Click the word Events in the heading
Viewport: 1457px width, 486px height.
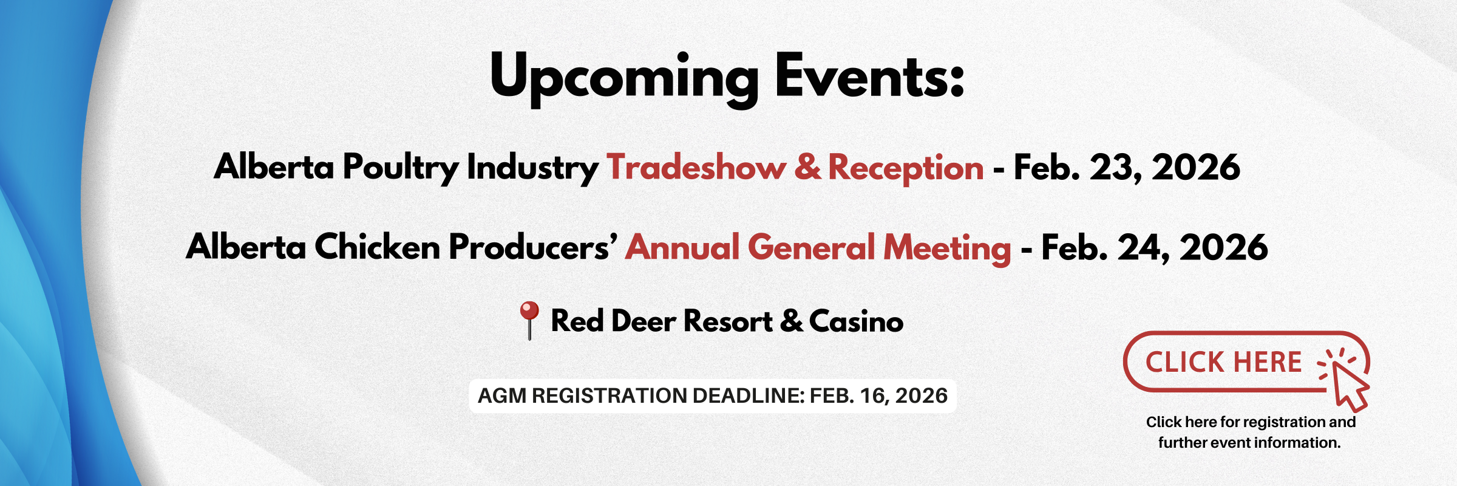(x=870, y=75)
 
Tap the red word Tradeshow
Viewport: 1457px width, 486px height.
(x=696, y=167)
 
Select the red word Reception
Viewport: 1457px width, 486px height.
(x=906, y=169)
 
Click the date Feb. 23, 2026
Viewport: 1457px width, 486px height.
(x=1127, y=168)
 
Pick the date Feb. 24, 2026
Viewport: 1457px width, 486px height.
(x=1155, y=248)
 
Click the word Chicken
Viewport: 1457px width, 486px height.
(x=377, y=247)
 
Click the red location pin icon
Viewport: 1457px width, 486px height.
(x=529, y=320)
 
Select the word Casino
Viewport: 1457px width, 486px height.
(x=856, y=321)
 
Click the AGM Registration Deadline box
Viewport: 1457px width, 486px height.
(x=713, y=396)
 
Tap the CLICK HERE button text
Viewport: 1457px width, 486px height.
(x=1223, y=362)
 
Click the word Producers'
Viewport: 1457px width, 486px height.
(x=533, y=247)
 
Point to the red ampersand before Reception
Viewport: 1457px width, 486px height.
(x=807, y=167)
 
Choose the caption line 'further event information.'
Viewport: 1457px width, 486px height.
(x=1249, y=443)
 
